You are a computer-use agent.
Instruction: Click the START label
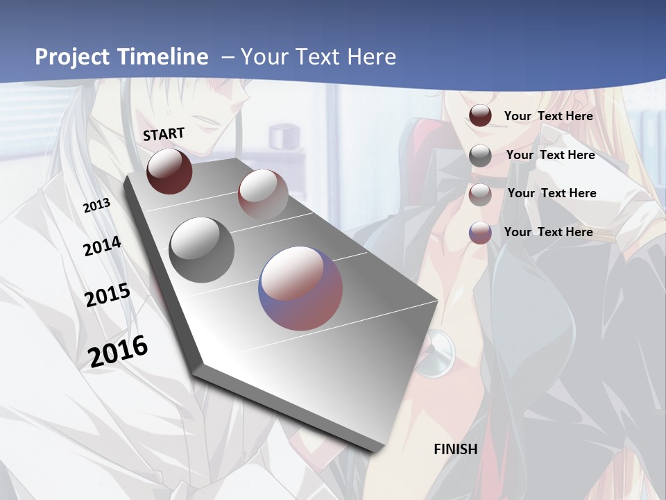click(164, 133)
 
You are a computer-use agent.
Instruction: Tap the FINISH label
click(456, 449)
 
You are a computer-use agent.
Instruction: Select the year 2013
click(97, 205)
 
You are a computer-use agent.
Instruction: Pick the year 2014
click(102, 247)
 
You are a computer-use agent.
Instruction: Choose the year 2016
click(118, 351)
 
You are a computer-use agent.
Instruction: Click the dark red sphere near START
click(169, 171)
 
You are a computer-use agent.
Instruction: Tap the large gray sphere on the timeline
click(202, 249)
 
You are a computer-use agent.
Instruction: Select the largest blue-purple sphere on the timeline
click(300, 287)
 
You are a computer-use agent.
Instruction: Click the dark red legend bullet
click(480, 116)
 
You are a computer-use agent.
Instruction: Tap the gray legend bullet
click(480, 156)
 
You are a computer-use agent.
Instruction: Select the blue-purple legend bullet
click(480, 233)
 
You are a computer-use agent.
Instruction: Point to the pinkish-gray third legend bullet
click(480, 194)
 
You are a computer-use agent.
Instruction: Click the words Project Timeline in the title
click(121, 57)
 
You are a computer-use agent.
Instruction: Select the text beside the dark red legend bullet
click(548, 116)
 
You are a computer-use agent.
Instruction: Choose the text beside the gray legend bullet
click(550, 155)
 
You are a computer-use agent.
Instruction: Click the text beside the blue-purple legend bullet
click(548, 232)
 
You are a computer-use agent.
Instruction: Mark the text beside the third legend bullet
click(552, 193)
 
